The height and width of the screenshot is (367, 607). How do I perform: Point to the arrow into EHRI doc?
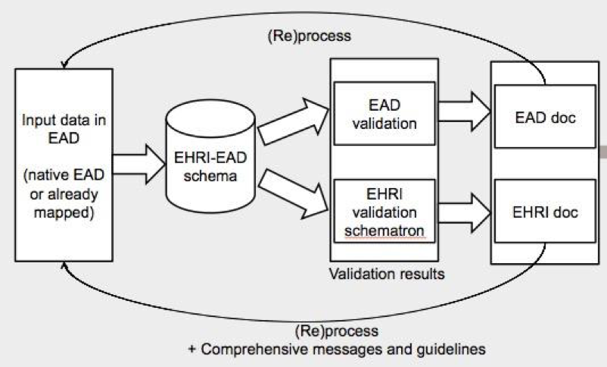coord(464,210)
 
